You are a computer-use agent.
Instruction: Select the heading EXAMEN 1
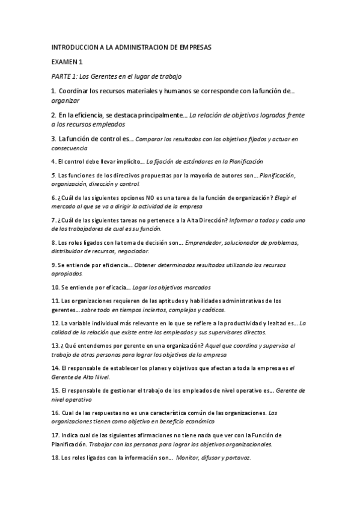(67, 62)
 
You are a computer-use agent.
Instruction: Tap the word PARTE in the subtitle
(61, 76)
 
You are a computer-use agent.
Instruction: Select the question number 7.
(53, 220)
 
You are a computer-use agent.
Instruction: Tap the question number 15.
(55, 390)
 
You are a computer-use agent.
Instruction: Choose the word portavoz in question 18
(238, 458)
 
